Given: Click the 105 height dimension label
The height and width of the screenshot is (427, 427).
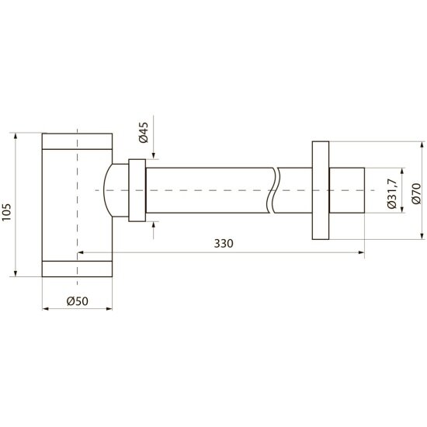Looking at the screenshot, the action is tap(6, 212).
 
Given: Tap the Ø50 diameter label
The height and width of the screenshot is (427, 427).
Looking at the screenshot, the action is tap(78, 301).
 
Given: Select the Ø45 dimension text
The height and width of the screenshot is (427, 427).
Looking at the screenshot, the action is tap(144, 133).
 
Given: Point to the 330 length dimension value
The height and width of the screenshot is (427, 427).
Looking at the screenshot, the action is tap(224, 244).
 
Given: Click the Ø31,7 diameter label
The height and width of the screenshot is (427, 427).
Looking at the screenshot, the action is tap(393, 193).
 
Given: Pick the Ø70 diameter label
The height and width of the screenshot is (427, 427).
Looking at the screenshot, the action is tap(417, 193).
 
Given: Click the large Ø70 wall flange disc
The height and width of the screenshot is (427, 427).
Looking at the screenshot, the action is tap(321, 190).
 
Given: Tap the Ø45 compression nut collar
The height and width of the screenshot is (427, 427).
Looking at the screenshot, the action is tap(137, 190).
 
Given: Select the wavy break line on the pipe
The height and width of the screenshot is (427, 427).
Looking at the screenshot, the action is tap(273, 190).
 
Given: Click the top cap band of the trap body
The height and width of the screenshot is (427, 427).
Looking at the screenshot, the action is tap(77, 141).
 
